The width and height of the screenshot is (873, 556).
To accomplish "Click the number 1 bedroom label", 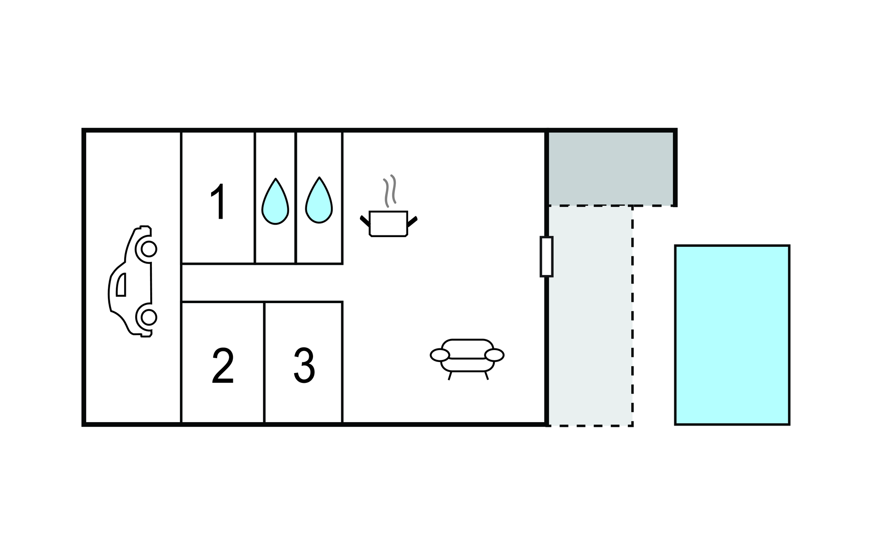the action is click(218, 202).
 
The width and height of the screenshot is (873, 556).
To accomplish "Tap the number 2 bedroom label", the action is click(223, 366).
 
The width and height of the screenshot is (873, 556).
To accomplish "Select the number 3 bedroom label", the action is click(305, 365).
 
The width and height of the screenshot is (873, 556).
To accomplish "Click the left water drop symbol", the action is click(275, 201).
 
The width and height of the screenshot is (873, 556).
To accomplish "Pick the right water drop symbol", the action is click(319, 200).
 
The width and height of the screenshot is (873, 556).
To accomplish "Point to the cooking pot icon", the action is click(389, 223).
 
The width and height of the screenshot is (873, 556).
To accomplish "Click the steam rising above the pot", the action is click(390, 191).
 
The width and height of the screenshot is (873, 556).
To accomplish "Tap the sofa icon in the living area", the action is click(467, 359).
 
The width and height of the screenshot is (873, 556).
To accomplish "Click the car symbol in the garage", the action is click(132, 281).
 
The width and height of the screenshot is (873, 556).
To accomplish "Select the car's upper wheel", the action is click(148, 249).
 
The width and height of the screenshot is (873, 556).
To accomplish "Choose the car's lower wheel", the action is click(148, 317).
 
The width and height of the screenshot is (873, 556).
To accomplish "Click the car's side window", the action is click(121, 285).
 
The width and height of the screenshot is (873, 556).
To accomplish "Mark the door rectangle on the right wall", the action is click(546, 256).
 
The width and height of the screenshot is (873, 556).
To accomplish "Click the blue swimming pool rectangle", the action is click(732, 335).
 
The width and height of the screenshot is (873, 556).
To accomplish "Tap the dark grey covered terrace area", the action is click(611, 168).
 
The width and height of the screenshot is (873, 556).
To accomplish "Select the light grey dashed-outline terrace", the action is click(590, 316).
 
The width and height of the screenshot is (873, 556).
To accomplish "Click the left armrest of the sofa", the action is click(440, 355).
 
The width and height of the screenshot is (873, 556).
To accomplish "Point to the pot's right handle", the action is click(412, 222).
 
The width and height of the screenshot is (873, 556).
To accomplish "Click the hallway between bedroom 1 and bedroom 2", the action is click(262, 283).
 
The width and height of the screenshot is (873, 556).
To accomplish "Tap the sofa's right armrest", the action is click(495, 355).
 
